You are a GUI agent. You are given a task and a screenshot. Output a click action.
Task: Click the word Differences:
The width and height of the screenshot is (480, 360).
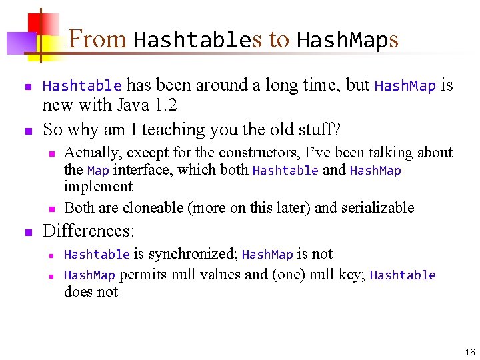coord(89,231)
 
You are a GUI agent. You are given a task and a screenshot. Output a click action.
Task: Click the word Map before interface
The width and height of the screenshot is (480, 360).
coord(98,170)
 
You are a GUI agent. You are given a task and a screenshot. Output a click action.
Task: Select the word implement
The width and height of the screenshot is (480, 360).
coord(98,187)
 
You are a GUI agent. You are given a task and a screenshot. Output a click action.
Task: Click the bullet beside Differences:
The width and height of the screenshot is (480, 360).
coord(28,233)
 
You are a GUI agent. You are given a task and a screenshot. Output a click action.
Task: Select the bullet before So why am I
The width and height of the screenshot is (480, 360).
coord(28,130)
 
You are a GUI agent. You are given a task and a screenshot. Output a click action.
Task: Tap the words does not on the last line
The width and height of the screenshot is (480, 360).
coord(91,291)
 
